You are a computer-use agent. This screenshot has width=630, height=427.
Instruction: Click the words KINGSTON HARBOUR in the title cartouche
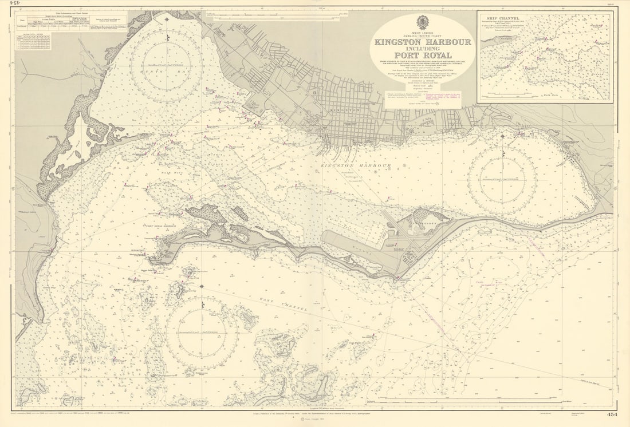click(x=423, y=42)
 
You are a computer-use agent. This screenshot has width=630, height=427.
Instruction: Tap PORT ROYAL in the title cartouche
click(x=423, y=55)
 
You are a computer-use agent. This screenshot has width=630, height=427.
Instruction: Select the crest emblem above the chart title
click(x=423, y=22)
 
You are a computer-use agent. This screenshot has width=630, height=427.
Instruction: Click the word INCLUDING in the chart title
click(x=423, y=49)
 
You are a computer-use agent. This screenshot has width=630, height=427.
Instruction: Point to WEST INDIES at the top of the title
click(x=423, y=33)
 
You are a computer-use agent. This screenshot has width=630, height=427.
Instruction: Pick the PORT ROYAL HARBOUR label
click(x=161, y=226)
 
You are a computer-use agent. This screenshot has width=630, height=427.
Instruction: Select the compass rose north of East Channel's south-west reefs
click(x=202, y=332)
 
